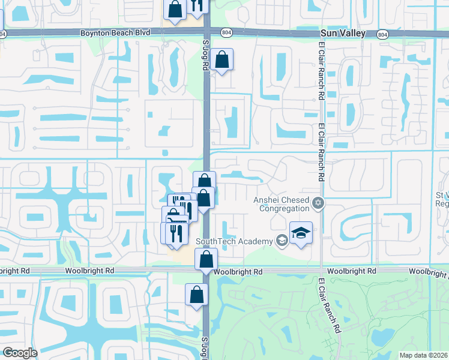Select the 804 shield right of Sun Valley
[383, 35]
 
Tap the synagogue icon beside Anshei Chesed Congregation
[318, 205]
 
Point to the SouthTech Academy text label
[234, 241]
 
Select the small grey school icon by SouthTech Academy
[281, 241]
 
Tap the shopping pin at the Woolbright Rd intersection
[206, 259]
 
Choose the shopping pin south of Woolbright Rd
[196, 295]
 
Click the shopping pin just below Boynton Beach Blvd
[221, 59]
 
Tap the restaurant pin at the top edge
[197, 5]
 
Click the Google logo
[20, 353]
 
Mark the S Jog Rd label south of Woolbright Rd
[205, 346]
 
